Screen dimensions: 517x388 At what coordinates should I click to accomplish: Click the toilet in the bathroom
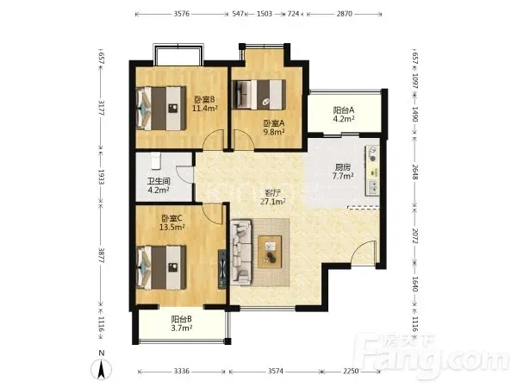(156, 160)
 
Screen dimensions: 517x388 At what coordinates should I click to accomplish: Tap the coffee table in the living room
(270, 252)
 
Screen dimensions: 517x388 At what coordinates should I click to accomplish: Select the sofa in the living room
(241, 253)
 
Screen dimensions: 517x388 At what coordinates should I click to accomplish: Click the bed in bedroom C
(161, 267)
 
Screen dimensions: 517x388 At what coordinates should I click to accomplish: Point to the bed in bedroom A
(258, 94)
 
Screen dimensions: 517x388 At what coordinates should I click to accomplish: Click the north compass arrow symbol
(102, 369)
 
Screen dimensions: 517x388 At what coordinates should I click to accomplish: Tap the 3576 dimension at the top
(181, 14)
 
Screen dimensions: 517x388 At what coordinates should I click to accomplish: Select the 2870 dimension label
(344, 14)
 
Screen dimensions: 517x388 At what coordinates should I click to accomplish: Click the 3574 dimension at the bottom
(276, 371)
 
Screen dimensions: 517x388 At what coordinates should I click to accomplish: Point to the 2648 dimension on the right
(414, 172)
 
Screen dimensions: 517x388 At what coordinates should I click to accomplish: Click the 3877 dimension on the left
(101, 256)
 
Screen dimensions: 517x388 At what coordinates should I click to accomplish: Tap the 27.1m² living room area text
(273, 202)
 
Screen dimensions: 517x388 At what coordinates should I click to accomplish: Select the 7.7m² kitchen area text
(343, 176)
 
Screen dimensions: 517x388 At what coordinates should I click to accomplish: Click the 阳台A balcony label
(344, 110)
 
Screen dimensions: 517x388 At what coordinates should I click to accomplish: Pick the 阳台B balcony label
(181, 319)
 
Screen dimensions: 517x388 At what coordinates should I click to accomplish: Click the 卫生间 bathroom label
(159, 181)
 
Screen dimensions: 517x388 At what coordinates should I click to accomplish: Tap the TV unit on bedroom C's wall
(223, 269)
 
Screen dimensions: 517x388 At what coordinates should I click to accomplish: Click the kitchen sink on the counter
(373, 187)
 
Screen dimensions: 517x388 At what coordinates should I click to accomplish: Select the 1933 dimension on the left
(101, 178)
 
